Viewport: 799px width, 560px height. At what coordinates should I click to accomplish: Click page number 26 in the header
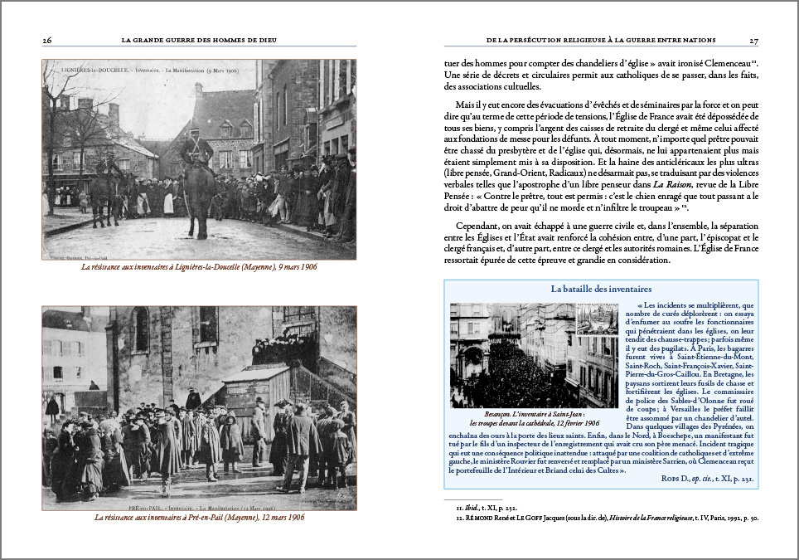pos(47,39)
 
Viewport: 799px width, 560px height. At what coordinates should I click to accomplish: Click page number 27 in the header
pos(753,39)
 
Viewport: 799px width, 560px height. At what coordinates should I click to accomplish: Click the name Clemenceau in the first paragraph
pos(727,63)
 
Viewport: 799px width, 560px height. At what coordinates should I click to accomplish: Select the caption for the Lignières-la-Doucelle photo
pos(199,267)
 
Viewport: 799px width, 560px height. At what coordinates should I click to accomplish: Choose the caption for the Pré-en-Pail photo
pos(199,518)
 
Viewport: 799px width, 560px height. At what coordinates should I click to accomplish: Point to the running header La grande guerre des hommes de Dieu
pos(199,39)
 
